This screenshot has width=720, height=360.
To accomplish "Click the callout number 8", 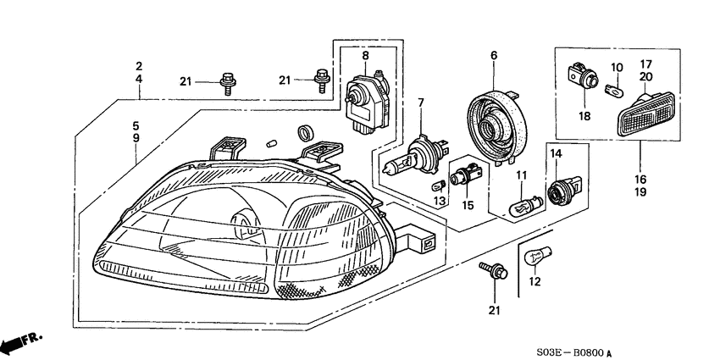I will click(x=365, y=56).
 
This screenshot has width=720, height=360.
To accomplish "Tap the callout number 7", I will click(x=419, y=103).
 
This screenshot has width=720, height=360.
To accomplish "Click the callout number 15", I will click(x=467, y=204).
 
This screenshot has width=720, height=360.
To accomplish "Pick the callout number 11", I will click(x=522, y=175).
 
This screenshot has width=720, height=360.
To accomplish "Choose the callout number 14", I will click(x=557, y=153).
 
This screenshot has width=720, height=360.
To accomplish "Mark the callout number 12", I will click(x=534, y=282).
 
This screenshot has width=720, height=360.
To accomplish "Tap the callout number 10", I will click(x=617, y=67).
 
